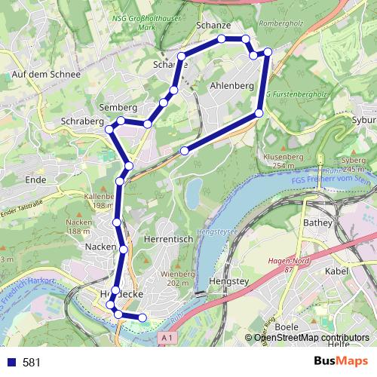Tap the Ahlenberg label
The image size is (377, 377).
point(232,86)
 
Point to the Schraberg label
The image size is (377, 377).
point(83,121)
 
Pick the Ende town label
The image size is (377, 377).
point(35,180)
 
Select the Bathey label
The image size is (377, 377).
point(317,223)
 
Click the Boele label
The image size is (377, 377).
point(287,326)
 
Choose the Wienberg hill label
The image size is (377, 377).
point(178,274)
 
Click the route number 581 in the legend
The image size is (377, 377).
point(32,362)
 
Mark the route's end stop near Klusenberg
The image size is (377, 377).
point(184,151)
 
